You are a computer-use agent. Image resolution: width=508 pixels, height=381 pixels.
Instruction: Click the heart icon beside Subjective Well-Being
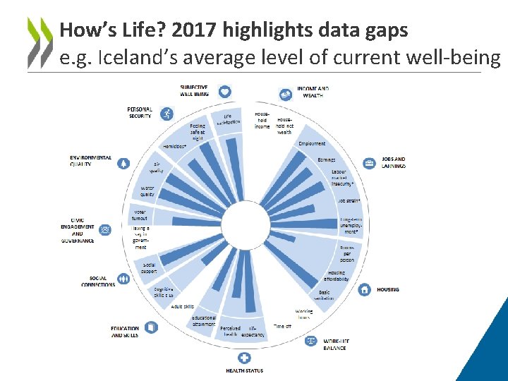tap(224, 91)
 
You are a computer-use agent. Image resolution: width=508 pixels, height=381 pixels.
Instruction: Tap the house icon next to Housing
tap(364, 289)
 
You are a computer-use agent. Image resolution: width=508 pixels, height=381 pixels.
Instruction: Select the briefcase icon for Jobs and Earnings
tap(369, 163)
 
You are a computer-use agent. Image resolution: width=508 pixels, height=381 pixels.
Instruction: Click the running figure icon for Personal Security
tap(167, 113)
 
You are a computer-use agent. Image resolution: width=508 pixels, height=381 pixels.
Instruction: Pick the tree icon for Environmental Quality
tap(123, 163)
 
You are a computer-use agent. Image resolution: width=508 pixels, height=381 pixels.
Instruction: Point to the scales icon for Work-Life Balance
tap(310, 341)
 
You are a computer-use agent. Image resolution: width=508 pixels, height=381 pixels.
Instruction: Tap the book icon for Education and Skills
tap(151, 327)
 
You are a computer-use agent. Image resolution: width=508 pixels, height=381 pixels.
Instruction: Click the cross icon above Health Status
tap(245, 358)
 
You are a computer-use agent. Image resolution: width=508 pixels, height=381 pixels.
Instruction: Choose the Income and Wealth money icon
tap(286, 94)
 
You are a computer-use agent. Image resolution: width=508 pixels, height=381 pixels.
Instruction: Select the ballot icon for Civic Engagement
tap(105, 229)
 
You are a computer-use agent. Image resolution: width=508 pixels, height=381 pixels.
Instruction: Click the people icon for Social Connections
tap(124, 279)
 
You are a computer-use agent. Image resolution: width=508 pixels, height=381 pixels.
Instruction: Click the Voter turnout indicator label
tap(140, 214)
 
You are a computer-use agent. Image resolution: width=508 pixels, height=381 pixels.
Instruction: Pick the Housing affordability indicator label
tap(338, 276)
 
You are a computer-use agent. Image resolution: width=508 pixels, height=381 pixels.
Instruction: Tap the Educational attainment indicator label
tap(204, 321)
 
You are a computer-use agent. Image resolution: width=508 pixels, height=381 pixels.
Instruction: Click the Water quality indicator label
tap(147, 191)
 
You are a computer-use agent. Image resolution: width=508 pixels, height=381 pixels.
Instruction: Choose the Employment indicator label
tap(312, 144)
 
